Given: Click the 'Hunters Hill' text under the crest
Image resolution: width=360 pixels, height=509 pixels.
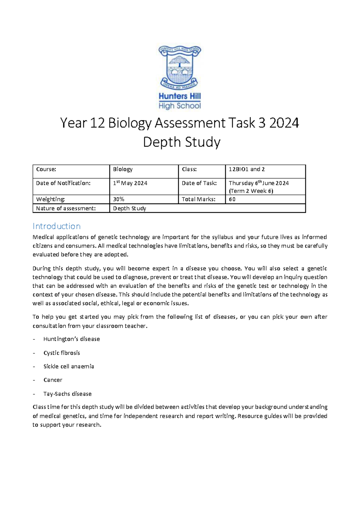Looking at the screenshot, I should pyautogui.click(x=179, y=96).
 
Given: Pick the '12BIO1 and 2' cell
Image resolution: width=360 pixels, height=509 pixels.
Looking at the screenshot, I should pyautogui.click(x=247, y=169).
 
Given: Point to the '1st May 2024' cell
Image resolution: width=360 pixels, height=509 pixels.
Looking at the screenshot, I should pyautogui.click(x=130, y=183).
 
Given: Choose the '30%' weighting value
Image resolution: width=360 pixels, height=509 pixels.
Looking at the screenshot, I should pyautogui.click(x=118, y=199).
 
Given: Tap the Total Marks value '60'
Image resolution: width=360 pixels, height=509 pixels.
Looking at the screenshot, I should pyautogui.click(x=232, y=199).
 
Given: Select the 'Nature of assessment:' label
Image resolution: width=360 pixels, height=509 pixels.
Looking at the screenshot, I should pyautogui.click(x=66, y=208).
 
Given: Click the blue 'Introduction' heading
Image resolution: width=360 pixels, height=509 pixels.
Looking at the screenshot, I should pyautogui.click(x=56, y=226).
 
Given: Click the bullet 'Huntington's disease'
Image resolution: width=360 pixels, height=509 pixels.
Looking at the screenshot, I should pyautogui.click(x=71, y=339).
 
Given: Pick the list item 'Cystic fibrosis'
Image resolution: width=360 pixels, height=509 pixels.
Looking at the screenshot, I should pyautogui.click(x=61, y=353).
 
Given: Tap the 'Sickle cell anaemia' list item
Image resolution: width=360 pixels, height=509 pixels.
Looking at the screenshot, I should pyautogui.click(x=68, y=366).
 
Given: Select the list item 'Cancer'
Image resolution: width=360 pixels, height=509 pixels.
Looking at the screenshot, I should pyautogui.click(x=53, y=380).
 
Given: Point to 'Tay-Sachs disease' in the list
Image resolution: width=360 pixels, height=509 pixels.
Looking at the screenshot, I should pyautogui.click(x=67, y=394).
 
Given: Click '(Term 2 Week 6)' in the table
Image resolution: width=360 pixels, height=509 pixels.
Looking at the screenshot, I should pyautogui.click(x=251, y=191).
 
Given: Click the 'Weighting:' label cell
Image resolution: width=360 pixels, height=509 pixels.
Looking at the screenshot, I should pyautogui.click(x=50, y=199).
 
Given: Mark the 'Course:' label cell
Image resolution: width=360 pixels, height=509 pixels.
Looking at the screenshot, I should pyautogui.click(x=46, y=169).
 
